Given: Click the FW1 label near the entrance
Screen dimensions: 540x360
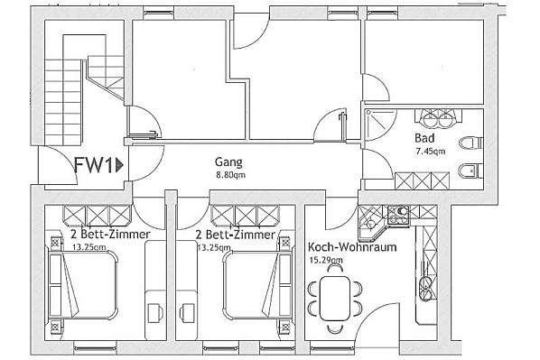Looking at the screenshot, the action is click(x=94, y=165).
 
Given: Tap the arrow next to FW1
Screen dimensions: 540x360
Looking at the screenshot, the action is click(x=119, y=165).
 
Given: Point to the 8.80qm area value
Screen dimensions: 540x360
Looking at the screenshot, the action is click(x=231, y=175).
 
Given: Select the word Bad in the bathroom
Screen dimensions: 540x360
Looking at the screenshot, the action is click(x=424, y=138).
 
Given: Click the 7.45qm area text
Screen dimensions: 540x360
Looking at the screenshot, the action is click(x=431, y=151).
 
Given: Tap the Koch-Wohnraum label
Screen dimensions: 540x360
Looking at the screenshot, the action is click(x=352, y=247).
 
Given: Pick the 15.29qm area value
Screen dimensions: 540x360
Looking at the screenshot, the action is click(x=326, y=260).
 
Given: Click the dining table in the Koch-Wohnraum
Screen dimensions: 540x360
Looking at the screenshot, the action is click(x=335, y=299).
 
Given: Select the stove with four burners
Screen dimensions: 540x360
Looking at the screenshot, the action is click(x=398, y=215).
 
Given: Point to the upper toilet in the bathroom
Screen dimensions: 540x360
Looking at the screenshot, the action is click(x=471, y=143).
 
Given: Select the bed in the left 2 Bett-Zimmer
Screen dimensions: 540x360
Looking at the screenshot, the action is click(x=83, y=284).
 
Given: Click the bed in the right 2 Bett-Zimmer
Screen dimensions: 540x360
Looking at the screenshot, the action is click(x=257, y=284).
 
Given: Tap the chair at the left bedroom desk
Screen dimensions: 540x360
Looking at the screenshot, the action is click(x=155, y=312).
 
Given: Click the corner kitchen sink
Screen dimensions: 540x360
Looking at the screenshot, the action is click(x=371, y=223).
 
